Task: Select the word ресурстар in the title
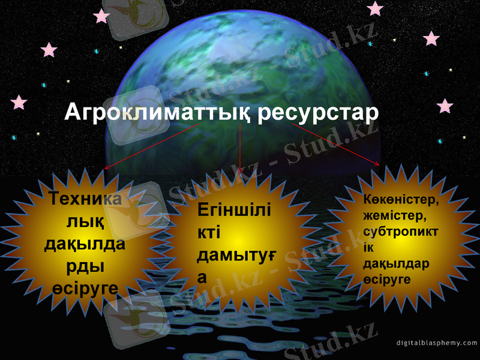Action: point(319,113)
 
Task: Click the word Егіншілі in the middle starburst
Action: point(233,211)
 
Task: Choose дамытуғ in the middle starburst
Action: point(236,256)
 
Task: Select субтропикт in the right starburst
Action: point(400,231)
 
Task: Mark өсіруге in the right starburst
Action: point(387,280)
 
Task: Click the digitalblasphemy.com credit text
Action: point(437,343)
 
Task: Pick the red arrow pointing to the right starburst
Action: point(336,144)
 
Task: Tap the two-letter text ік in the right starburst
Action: point(368,247)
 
